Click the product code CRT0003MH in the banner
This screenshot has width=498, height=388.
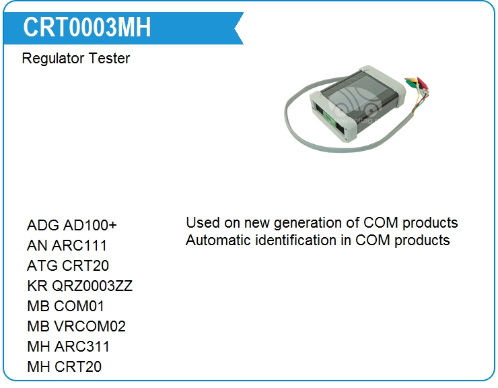(87, 28)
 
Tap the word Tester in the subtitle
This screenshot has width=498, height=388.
(109, 59)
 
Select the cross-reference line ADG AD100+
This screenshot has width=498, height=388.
(72, 225)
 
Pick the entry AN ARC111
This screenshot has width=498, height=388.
(67, 245)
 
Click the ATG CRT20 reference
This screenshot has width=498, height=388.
(68, 265)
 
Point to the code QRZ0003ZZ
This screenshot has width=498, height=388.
(92, 286)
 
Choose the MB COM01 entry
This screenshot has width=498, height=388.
(65, 306)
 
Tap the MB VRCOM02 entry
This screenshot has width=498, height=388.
(76, 326)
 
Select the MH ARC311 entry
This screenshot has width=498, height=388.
(68, 346)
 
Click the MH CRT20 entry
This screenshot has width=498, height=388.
(64, 366)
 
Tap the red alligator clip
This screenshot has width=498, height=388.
(423, 84)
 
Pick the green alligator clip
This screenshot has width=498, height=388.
(413, 85)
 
